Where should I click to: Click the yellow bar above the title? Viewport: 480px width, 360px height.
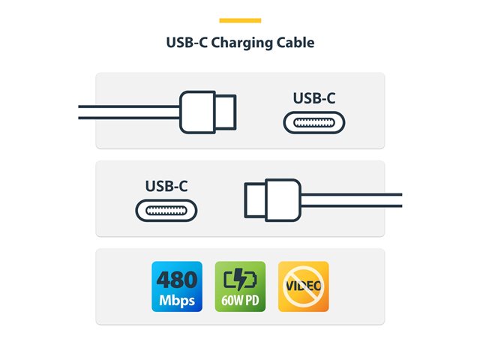pos(240,20)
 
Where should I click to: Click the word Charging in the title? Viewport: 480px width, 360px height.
pos(241,43)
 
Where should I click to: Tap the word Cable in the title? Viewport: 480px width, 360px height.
pos(295,42)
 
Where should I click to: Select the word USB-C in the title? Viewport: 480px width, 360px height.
pos(187,42)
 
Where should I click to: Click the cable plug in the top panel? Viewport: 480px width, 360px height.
pos(207,111)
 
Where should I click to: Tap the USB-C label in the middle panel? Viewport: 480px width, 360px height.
pos(166,185)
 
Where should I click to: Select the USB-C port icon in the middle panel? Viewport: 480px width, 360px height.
pos(166,210)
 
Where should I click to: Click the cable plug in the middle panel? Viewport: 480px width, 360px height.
pos(273,199)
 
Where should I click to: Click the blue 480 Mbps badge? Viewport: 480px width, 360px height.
pos(176,286)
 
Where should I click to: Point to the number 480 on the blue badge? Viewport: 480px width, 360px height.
pos(176,280)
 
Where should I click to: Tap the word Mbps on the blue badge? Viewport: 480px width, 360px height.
pos(176,301)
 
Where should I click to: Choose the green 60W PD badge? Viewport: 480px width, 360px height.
pos(240,286)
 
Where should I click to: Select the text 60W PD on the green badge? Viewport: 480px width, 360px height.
pos(240,301)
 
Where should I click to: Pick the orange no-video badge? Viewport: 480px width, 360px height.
pos(303,286)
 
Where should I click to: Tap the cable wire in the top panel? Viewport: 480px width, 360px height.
pos(127,111)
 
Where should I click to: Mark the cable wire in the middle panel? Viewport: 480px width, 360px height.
pos(352,199)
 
